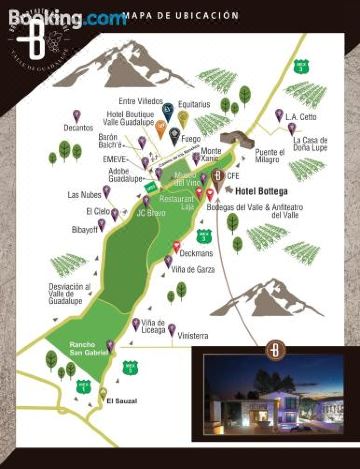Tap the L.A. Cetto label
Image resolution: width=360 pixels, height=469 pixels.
point(300,117)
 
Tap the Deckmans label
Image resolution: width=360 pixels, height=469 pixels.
point(196,253)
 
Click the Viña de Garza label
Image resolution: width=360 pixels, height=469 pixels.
point(193,270)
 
